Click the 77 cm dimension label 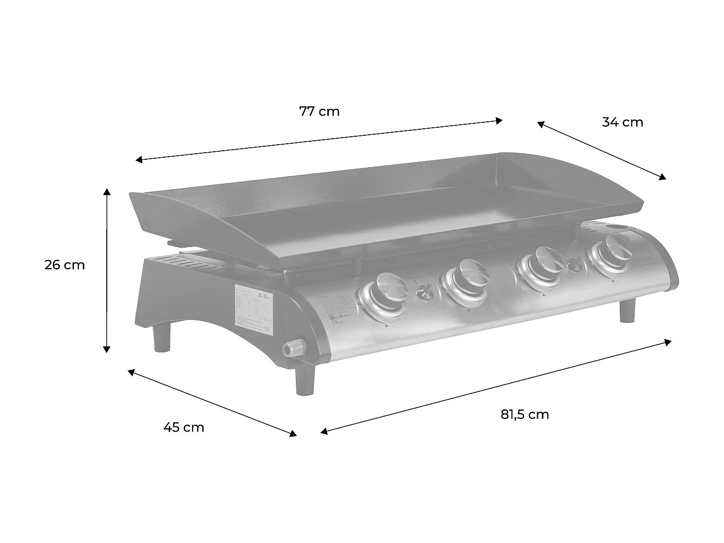click(x=319, y=111)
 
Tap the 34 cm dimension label click(x=622, y=122)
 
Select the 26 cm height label click(x=65, y=265)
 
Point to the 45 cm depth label click(x=184, y=428)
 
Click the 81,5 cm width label click(x=524, y=414)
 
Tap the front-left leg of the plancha click(x=305, y=380)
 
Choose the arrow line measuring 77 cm click(x=319, y=140)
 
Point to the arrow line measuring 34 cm click(x=602, y=150)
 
